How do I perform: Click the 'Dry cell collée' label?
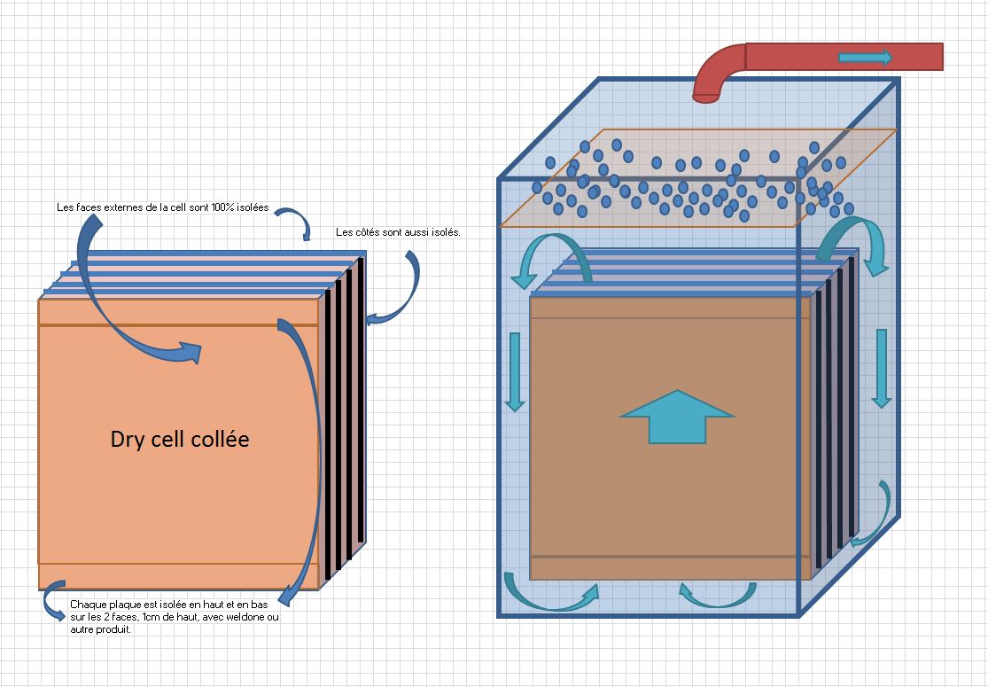pos(179,439)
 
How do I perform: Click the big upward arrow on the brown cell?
pos(677,416)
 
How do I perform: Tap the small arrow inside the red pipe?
pos(865,58)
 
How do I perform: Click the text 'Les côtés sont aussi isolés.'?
pos(398,233)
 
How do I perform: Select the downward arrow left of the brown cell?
pos(514,371)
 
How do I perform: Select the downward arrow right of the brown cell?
pos(881,368)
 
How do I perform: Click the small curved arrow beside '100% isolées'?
pos(296,222)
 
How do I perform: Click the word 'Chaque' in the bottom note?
pos(87,605)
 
